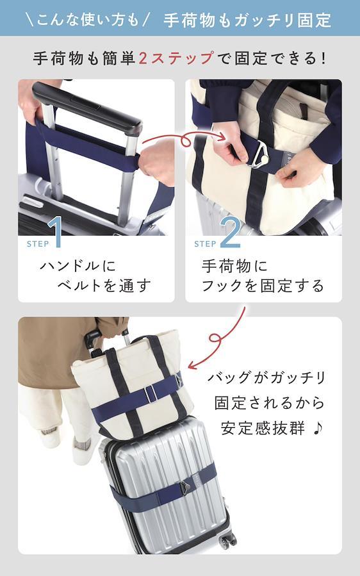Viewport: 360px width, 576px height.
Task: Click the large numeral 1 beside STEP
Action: (55, 232)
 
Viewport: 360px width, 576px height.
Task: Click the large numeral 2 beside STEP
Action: (230, 232)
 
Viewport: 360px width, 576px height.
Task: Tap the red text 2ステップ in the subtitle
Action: (176, 58)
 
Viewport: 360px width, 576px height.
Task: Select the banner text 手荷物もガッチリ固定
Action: (247, 19)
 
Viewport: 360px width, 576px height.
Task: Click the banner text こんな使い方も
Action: (88, 20)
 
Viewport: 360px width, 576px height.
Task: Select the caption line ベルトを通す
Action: (104, 285)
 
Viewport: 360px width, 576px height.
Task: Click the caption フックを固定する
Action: (263, 285)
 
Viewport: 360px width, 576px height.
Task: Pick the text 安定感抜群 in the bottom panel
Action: (263, 428)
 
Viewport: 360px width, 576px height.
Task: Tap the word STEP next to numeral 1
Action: (37, 243)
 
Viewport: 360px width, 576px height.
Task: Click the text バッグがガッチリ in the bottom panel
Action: (266, 377)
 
